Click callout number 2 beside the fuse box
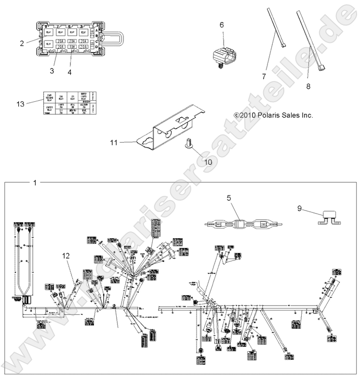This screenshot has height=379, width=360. (22, 43)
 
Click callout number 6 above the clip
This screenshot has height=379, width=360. (222, 25)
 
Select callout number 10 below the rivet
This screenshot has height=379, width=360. (208, 162)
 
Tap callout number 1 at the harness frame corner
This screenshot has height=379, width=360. (34, 183)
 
